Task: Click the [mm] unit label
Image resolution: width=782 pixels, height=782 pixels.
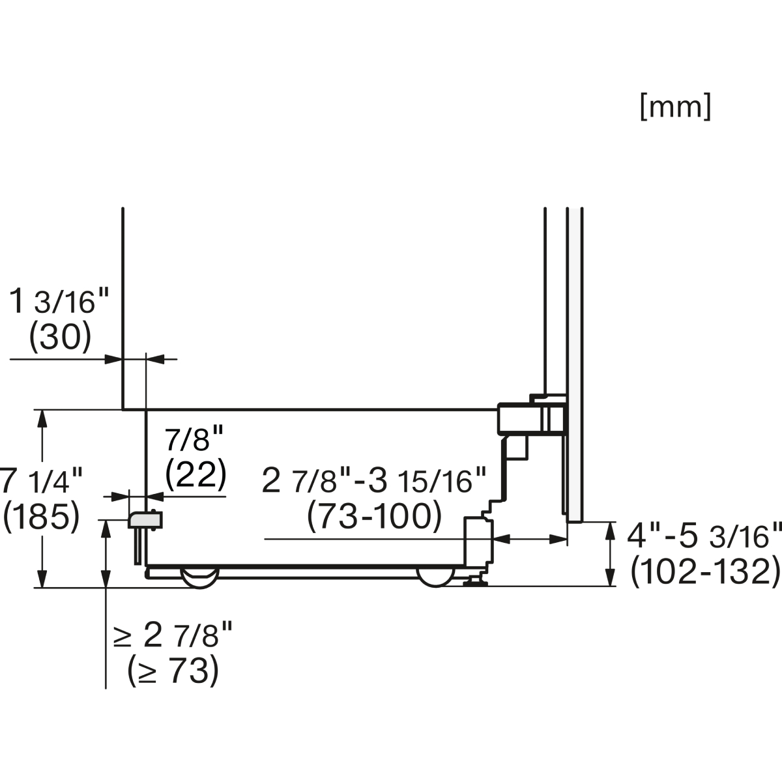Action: tap(676, 107)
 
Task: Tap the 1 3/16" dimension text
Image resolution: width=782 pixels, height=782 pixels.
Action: tap(59, 302)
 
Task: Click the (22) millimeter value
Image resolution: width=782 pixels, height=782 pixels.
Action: tap(195, 474)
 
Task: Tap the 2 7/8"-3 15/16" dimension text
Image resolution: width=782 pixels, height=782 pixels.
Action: tap(374, 480)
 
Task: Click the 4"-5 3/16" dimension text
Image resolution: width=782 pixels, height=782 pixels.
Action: tap(704, 536)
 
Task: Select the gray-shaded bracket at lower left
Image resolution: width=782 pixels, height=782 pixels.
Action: tap(145, 520)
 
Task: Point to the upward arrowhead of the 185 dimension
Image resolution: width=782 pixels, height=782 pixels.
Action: tap(42, 418)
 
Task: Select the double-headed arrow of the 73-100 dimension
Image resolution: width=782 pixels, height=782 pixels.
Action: tap(529, 540)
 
